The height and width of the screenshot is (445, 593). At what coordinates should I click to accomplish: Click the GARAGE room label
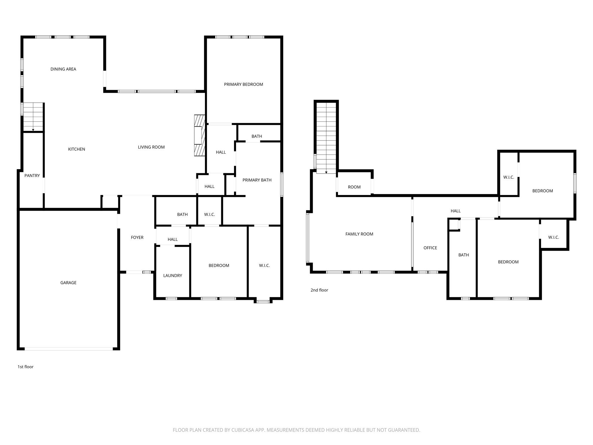coord(68,283)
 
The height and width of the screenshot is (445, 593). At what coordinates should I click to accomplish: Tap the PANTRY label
coord(32,176)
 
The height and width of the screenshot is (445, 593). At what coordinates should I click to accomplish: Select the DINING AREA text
coord(63,69)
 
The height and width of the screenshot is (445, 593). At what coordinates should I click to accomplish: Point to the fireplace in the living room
coord(199,135)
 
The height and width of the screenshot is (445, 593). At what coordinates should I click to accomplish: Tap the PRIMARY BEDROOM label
coord(244,84)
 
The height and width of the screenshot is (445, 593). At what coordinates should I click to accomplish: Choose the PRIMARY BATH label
coord(257,180)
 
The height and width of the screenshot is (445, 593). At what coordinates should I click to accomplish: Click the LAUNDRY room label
coord(173,276)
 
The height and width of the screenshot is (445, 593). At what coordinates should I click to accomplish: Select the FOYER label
coord(137,238)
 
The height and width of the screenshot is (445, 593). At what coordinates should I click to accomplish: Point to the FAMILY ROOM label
coord(359,234)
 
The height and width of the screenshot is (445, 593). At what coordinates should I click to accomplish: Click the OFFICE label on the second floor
coord(430,248)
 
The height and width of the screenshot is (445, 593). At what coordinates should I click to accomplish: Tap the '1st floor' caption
coord(25,367)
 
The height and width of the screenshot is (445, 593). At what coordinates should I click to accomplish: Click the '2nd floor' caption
coord(319,290)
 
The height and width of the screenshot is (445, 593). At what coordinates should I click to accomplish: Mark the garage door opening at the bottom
coord(69,349)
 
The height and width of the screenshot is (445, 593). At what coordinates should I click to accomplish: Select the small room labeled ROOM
coord(354,187)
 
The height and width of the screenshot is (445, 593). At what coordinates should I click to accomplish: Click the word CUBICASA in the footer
coord(242,430)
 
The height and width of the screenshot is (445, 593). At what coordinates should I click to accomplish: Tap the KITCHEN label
coord(76,149)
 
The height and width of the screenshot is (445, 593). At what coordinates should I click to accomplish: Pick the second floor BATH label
coord(463,255)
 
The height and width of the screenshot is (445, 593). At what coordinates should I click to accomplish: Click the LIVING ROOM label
coord(151,147)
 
